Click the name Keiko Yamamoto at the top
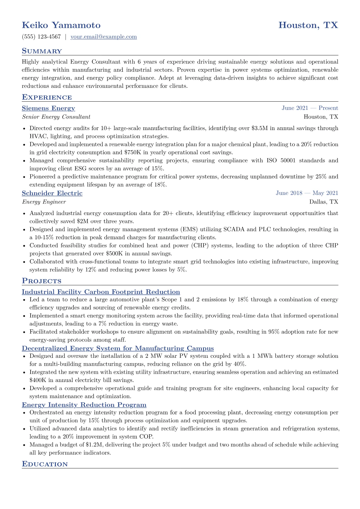[61, 25]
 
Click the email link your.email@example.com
[103, 37]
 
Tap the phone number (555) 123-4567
[41, 37]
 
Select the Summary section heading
[42, 51]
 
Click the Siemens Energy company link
[48, 108]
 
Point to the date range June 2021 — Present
[310, 108]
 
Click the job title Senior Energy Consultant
[56, 117]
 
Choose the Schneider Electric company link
[52, 193]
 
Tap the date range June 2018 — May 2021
[307, 193]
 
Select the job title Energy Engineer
[44, 202]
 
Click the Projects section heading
[41, 281]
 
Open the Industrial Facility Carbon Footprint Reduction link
[101, 292]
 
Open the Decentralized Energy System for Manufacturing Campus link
[118, 348]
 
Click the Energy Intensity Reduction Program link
[84, 405]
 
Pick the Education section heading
[45, 464]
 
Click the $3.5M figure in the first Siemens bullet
[259, 128]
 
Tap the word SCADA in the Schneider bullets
[234, 229]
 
